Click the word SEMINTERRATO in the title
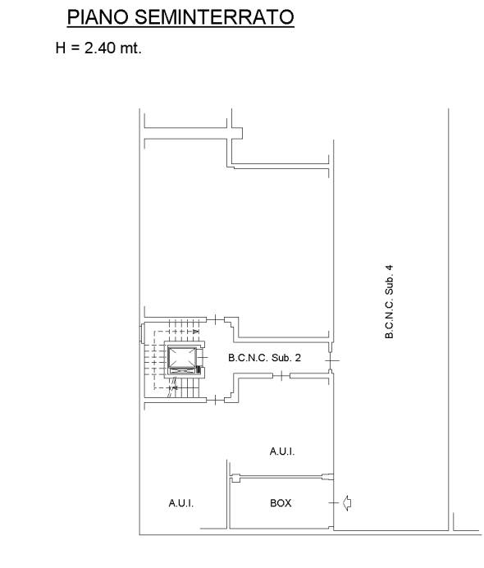click(x=214, y=17)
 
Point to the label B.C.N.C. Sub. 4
click(x=389, y=302)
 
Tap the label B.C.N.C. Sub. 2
click(x=264, y=358)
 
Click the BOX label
click(x=281, y=503)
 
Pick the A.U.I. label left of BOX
click(x=181, y=503)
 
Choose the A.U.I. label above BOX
click(x=282, y=451)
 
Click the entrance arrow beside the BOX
click(x=347, y=503)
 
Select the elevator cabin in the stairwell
click(x=182, y=357)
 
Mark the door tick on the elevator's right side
click(x=203, y=358)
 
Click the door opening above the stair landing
click(x=216, y=319)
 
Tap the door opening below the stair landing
click(x=216, y=400)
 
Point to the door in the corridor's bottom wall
click(x=281, y=377)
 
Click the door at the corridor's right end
click(x=331, y=360)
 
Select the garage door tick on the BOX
click(x=333, y=503)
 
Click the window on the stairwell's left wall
click(x=142, y=333)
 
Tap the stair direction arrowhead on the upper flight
click(x=196, y=332)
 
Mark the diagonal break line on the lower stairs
click(x=172, y=387)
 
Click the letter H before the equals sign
click(x=61, y=48)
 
